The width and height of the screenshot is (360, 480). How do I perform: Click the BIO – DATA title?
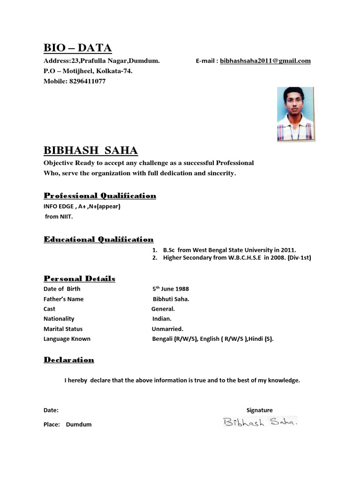pos(77,48)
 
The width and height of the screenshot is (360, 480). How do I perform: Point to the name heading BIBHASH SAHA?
pos(90,150)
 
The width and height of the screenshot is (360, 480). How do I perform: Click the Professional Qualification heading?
pos(100,195)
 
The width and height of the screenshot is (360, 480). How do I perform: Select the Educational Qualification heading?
pos(98,240)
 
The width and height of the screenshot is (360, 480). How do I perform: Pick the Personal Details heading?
pos(79,278)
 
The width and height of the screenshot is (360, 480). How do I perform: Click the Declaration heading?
pos(69,360)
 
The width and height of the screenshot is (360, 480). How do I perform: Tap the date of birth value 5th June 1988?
pos(170,289)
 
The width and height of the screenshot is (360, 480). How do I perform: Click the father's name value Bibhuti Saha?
pos(172,299)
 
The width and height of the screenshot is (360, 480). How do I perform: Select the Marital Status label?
pos(63,329)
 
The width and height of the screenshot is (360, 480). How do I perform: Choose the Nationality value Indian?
pos(162,319)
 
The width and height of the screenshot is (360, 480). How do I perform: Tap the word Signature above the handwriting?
pos(259,410)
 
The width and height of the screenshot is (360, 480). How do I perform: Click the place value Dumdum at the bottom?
pos(79,425)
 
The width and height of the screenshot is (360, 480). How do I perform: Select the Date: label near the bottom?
pos(51,410)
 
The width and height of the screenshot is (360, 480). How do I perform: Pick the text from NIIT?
pos(60,217)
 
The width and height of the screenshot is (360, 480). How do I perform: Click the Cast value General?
pos(163,309)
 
